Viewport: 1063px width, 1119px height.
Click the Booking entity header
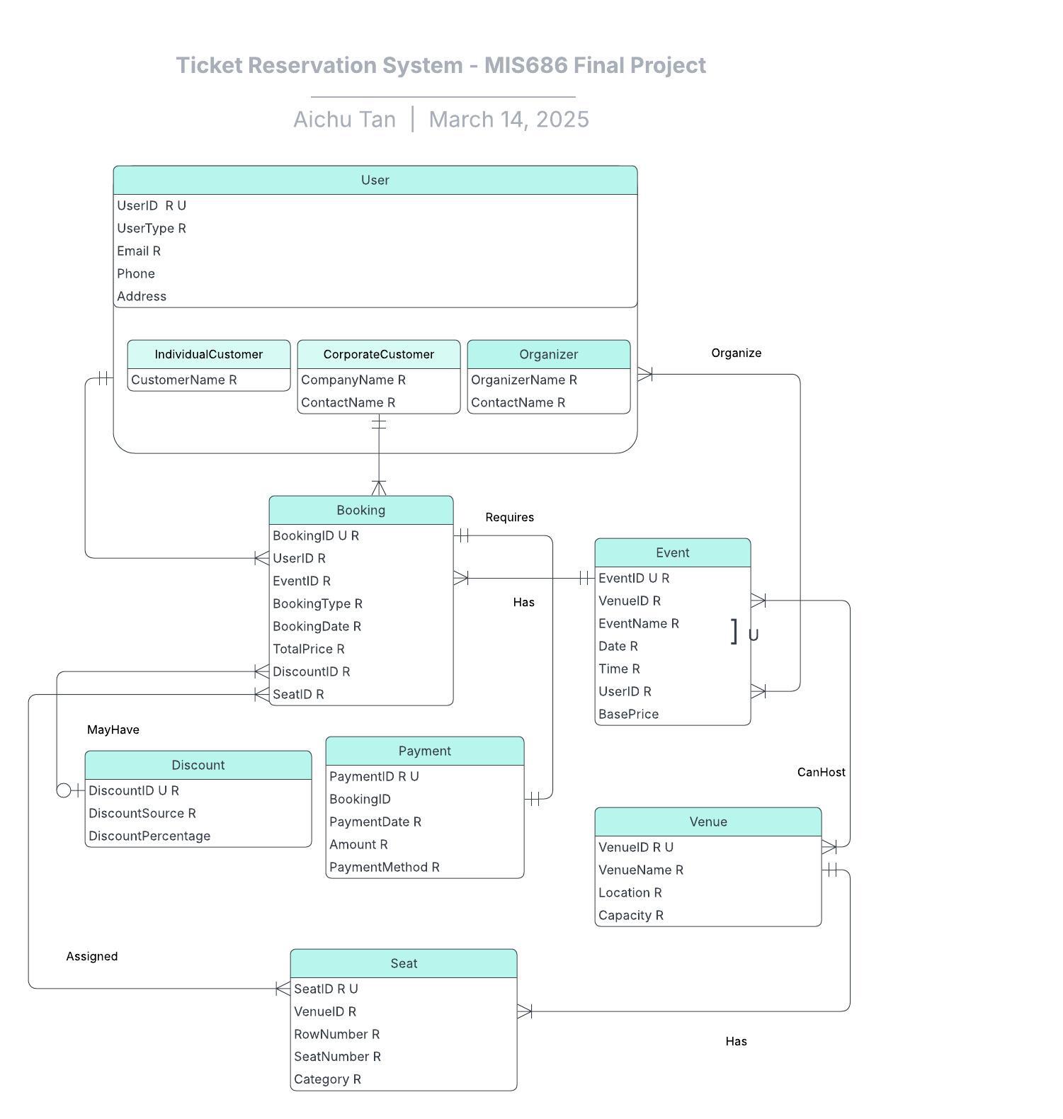[x=361, y=510]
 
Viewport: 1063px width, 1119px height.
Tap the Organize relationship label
[x=736, y=353]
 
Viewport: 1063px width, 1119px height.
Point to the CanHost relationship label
[x=821, y=772]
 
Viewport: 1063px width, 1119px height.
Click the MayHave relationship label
[x=113, y=729]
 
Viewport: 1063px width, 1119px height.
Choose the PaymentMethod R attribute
[x=384, y=867]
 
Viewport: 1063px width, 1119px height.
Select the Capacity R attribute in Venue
[x=630, y=915]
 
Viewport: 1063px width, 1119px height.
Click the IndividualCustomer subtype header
[x=209, y=354]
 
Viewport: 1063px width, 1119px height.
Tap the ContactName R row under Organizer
[x=518, y=402]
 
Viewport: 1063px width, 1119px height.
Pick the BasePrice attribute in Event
[x=628, y=714]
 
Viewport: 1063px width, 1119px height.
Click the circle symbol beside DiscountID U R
[x=64, y=790]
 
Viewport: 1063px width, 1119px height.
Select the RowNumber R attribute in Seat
[x=336, y=1034]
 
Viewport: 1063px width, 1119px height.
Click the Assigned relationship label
[x=92, y=956]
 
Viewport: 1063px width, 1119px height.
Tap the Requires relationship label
[x=509, y=517]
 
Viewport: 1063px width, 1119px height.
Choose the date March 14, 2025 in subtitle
[x=508, y=119]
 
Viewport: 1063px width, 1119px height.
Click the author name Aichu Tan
[x=344, y=119]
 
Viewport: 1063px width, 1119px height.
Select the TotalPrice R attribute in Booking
[x=308, y=649]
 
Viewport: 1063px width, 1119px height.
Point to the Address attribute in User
[x=142, y=296]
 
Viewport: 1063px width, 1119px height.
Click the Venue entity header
[x=708, y=822]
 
